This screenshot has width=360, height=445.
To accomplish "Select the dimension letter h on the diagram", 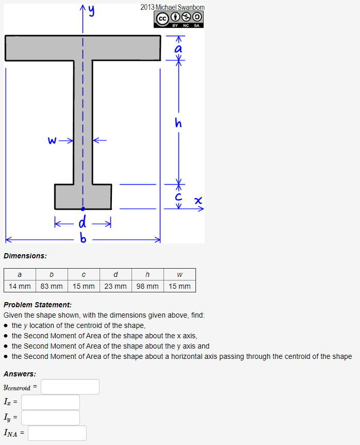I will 178,123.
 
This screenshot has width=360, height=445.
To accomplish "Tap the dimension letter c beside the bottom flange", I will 178,196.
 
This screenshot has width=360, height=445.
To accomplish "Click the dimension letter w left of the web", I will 52,140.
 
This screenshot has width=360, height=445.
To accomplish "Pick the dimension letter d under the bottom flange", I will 82,223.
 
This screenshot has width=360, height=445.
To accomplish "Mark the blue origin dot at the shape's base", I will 83,209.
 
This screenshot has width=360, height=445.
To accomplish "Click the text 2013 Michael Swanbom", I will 172,7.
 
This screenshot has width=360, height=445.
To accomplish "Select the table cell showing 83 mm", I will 51,286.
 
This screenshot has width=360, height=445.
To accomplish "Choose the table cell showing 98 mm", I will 148,286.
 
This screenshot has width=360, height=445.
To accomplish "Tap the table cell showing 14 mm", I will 20,286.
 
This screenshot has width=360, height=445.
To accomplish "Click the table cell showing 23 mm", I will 115,286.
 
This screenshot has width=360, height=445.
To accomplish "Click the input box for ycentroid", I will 70,387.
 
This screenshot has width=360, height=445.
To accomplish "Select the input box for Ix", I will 51,402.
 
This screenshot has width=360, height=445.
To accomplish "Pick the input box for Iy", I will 51,418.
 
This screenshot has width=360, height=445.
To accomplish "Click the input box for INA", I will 57,433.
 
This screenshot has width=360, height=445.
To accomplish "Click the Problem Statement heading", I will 37,305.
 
